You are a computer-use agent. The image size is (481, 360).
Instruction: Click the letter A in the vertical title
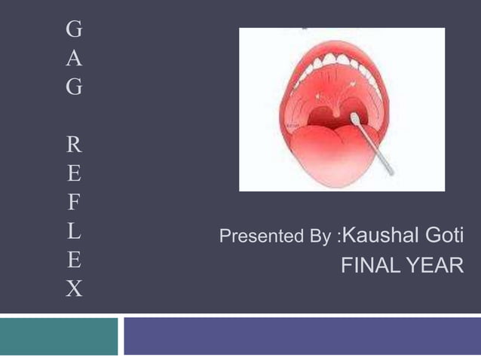coord(74,58)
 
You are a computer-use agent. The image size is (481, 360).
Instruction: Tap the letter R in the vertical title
coord(74,143)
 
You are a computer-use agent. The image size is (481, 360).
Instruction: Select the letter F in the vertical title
coord(74,201)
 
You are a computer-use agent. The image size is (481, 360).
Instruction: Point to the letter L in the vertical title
coord(74,230)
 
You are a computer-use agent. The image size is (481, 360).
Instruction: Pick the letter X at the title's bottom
coord(74,288)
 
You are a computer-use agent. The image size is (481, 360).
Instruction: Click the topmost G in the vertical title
coord(74,29)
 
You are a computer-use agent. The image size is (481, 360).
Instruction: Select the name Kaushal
coord(381,236)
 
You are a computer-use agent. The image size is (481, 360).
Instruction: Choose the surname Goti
coord(444,236)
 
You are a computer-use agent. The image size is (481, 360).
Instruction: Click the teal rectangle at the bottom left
coord(59,337)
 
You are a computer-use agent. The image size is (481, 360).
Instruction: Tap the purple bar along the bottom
coord(302,337)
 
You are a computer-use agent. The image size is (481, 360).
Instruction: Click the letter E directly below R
coord(74,172)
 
